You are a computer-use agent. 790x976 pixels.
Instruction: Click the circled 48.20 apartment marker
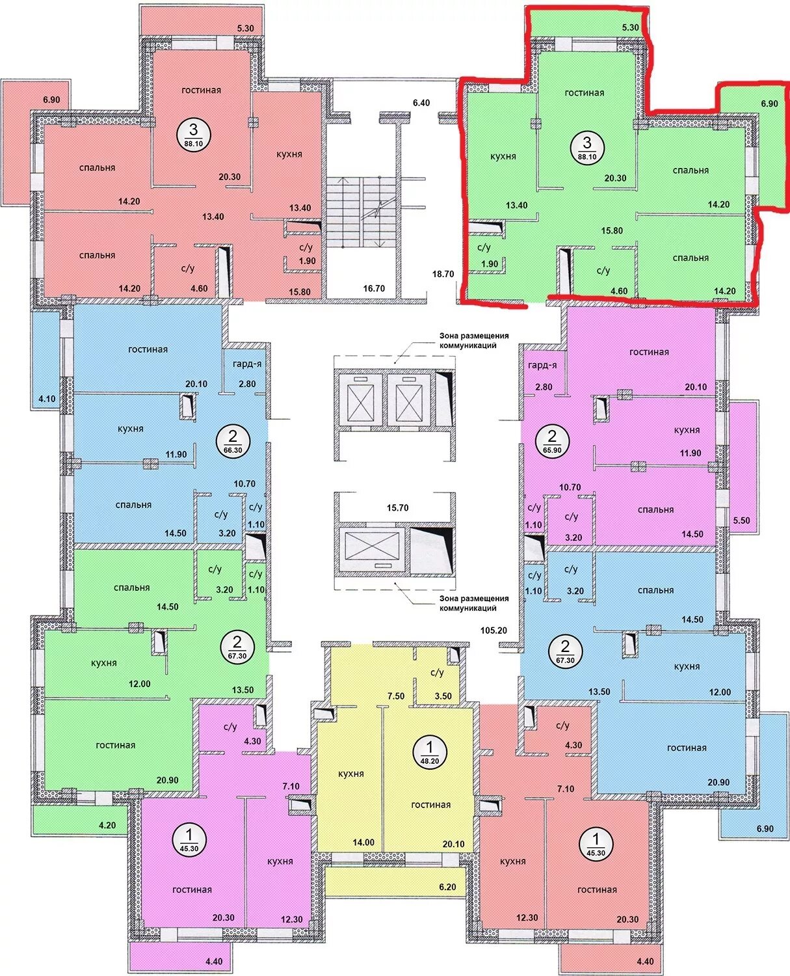429,753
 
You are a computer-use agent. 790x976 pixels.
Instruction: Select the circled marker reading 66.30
232,442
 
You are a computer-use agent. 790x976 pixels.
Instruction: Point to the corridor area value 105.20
494,630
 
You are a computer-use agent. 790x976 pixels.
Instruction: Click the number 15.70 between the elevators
397,508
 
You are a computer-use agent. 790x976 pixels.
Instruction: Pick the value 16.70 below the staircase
374,288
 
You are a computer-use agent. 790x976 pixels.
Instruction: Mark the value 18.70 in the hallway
443,274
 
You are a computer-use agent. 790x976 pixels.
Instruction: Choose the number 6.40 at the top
421,103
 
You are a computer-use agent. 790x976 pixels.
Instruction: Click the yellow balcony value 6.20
447,887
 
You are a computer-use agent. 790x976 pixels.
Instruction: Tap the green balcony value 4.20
107,825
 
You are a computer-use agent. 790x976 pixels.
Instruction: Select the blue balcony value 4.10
47,399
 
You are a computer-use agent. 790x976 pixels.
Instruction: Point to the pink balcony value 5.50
741,521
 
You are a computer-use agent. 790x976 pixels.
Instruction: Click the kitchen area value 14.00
363,842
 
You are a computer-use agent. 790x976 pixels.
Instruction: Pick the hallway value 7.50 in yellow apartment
396,696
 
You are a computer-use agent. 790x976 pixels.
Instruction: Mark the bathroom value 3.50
443,696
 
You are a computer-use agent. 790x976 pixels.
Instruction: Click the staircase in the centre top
362,212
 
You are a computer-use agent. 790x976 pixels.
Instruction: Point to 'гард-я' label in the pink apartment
542,365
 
